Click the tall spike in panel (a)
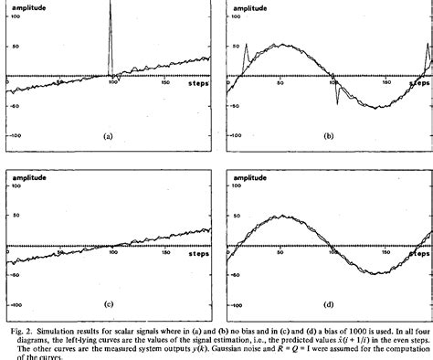tap(111, 18)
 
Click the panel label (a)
tap(108, 135)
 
